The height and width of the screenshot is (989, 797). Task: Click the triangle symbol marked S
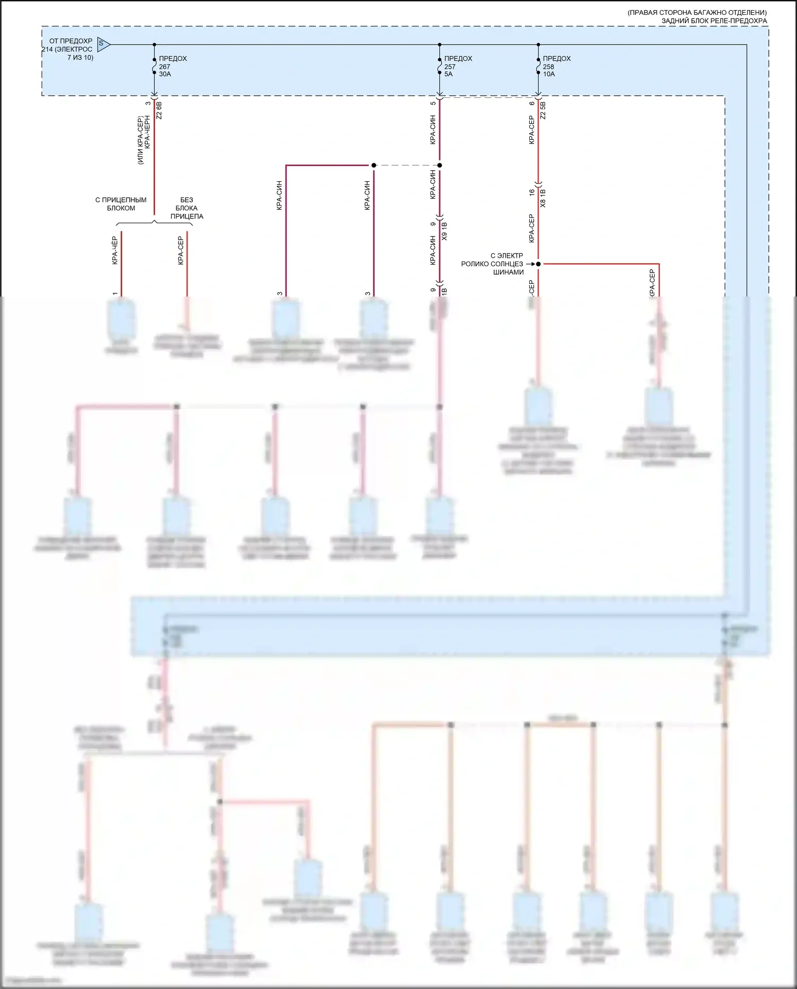(x=103, y=44)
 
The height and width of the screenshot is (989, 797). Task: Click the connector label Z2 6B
(x=159, y=109)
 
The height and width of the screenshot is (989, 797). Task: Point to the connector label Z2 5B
(x=543, y=110)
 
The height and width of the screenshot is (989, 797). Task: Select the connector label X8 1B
(x=543, y=198)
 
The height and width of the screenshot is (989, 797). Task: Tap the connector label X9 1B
(x=445, y=231)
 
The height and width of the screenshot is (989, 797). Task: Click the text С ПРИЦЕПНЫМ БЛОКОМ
(x=121, y=204)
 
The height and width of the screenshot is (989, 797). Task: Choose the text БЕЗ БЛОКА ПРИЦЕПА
(x=186, y=208)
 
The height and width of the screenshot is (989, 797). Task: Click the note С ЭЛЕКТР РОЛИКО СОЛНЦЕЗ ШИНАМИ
(x=493, y=264)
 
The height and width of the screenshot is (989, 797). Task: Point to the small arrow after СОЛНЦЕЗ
(x=530, y=264)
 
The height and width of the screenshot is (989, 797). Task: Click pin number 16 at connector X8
(x=532, y=192)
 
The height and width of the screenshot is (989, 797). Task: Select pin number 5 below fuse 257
(x=433, y=103)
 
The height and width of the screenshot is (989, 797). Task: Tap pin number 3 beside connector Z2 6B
(x=148, y=103)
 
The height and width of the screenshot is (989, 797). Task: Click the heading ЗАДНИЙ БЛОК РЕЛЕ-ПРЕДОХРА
(x=714, y=21)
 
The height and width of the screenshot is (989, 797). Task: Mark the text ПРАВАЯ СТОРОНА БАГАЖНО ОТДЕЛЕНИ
(x=697, y=12)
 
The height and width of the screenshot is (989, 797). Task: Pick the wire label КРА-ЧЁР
(x=115, y=251)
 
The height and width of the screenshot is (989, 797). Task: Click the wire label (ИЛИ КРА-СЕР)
(x=141, y=140)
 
